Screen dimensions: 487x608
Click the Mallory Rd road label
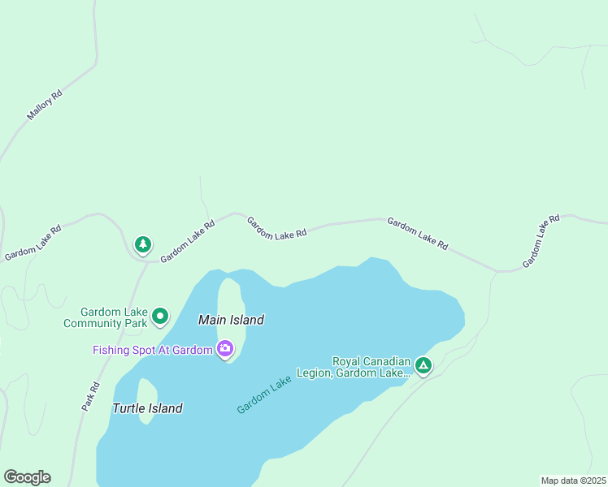(x=45, y=106)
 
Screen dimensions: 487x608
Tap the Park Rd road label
(x=90, y=396)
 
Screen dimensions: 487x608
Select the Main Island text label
(x=231, y=320)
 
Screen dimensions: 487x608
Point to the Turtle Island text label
(x=147, y=408)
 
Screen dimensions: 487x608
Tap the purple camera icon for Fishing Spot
(x=225, y=350)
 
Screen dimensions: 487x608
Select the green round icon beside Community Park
(x=161, y=316)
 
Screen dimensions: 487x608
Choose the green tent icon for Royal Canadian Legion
(x=423, y=366)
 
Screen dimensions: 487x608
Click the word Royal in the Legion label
(x=347, y=361)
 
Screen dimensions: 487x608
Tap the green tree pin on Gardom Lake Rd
(x=143, y=243)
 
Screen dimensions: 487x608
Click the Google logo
(x=27, y=477)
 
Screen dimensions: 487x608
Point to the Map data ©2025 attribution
(x=573, y=481)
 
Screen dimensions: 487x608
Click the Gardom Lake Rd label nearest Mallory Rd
(x=33, y=243)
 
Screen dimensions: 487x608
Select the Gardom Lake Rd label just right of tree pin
(x=187, y=241)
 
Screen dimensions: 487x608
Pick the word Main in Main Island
(x=211, y=320)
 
